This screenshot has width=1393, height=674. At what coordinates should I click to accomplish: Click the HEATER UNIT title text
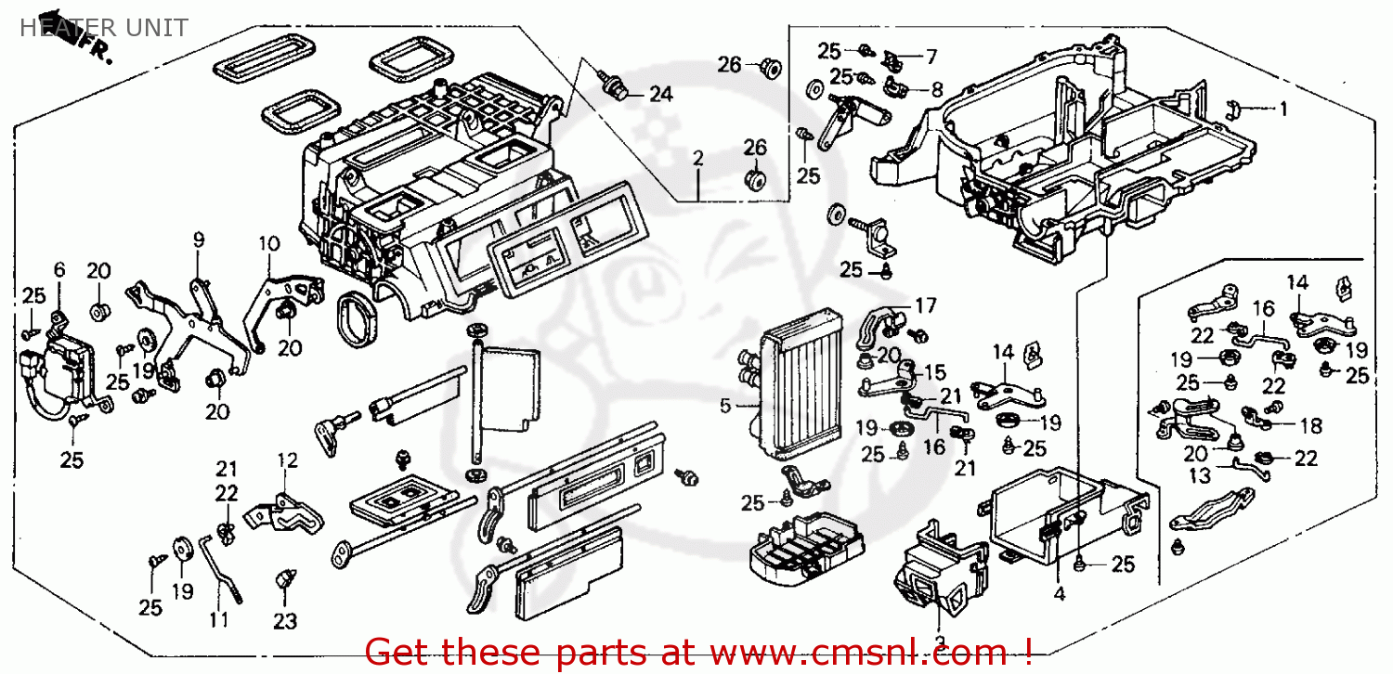coord(103,27)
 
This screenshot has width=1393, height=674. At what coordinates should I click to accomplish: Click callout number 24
coord(660,94)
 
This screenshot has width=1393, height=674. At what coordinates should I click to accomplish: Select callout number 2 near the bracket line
coord(697,159)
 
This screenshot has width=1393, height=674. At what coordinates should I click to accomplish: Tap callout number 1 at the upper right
coord(1283,110)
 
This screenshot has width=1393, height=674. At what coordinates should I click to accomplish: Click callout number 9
coord(198,240)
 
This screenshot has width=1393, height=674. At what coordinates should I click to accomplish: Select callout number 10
coord(268,244)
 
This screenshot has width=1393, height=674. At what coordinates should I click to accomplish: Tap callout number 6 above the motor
coord(59,270)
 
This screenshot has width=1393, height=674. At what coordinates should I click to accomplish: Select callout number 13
coord(1201,476)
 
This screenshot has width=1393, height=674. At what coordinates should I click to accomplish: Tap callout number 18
coord(1310,426)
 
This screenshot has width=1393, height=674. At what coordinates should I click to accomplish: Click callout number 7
coord(931,57)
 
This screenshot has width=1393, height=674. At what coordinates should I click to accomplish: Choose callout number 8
coord(935,90)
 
